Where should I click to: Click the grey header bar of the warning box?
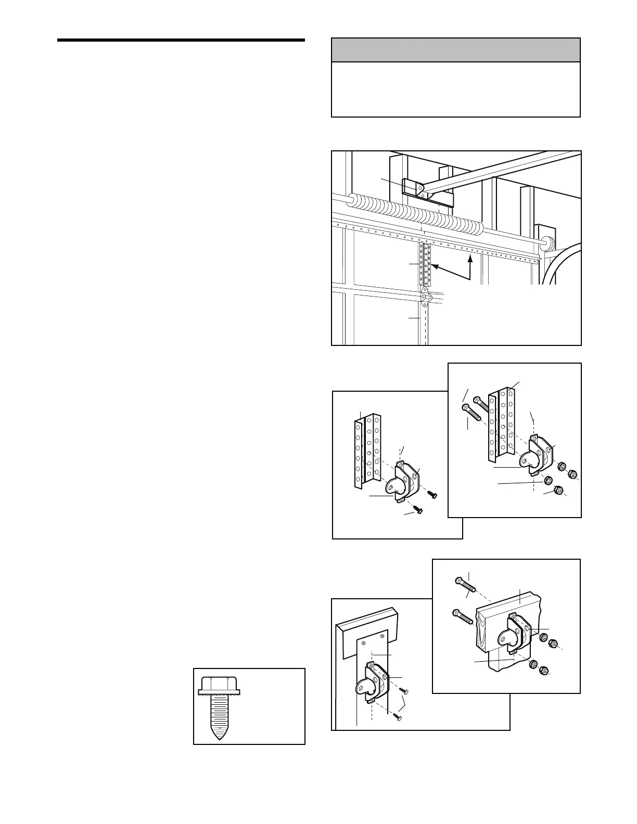pyautogui.click(x=455, y=50)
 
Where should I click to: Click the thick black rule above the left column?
pyautogui.click(x=181, y=40)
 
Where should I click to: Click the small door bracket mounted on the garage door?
pyautogui.click(x=425, y=298)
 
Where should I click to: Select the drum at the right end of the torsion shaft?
pyautogui.click(x=546, y=242)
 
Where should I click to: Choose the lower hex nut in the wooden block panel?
pyautogui.click(x=542, y=671)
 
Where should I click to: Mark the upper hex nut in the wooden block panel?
pyautogui.click(x=554, y=643)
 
